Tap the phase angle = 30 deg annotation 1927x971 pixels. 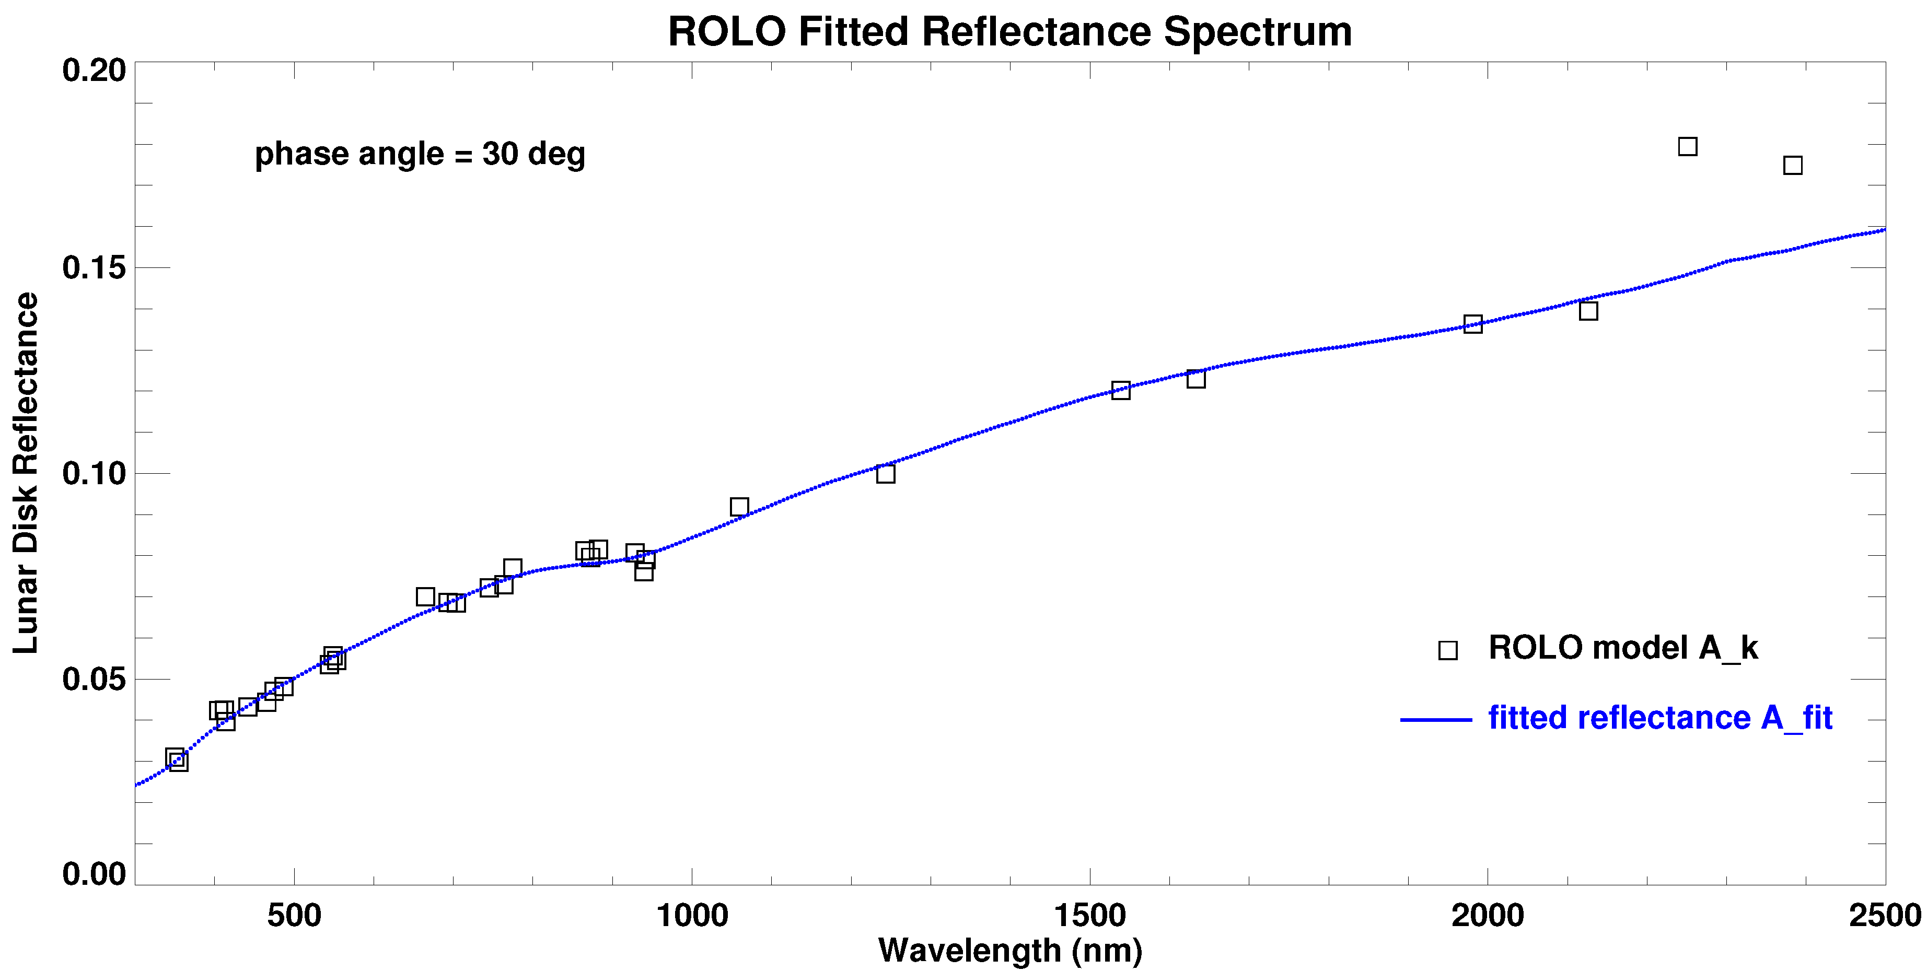click(420, 154)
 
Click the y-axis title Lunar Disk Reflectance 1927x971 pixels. click(26, 473)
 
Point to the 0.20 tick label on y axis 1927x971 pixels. click(94, 71)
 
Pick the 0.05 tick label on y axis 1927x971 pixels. click(94, 679)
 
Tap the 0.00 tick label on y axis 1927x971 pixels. click(94, 874)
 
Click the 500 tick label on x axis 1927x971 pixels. click(294, 916)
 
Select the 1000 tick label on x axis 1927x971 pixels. click(692, 916)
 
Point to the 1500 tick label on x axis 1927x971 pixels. click(1089, 916)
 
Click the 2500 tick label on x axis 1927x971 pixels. click(1884, 916)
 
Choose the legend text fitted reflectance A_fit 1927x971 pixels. click(1660, 718)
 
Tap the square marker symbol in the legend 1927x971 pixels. click(1447, 650)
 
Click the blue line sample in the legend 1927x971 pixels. click(1435, 720)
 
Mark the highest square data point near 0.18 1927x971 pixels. click(1687, 147)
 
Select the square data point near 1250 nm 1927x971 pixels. click(885, 474)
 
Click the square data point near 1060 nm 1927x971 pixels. click(739, 507)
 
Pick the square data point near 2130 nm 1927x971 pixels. click(1588, 310)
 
